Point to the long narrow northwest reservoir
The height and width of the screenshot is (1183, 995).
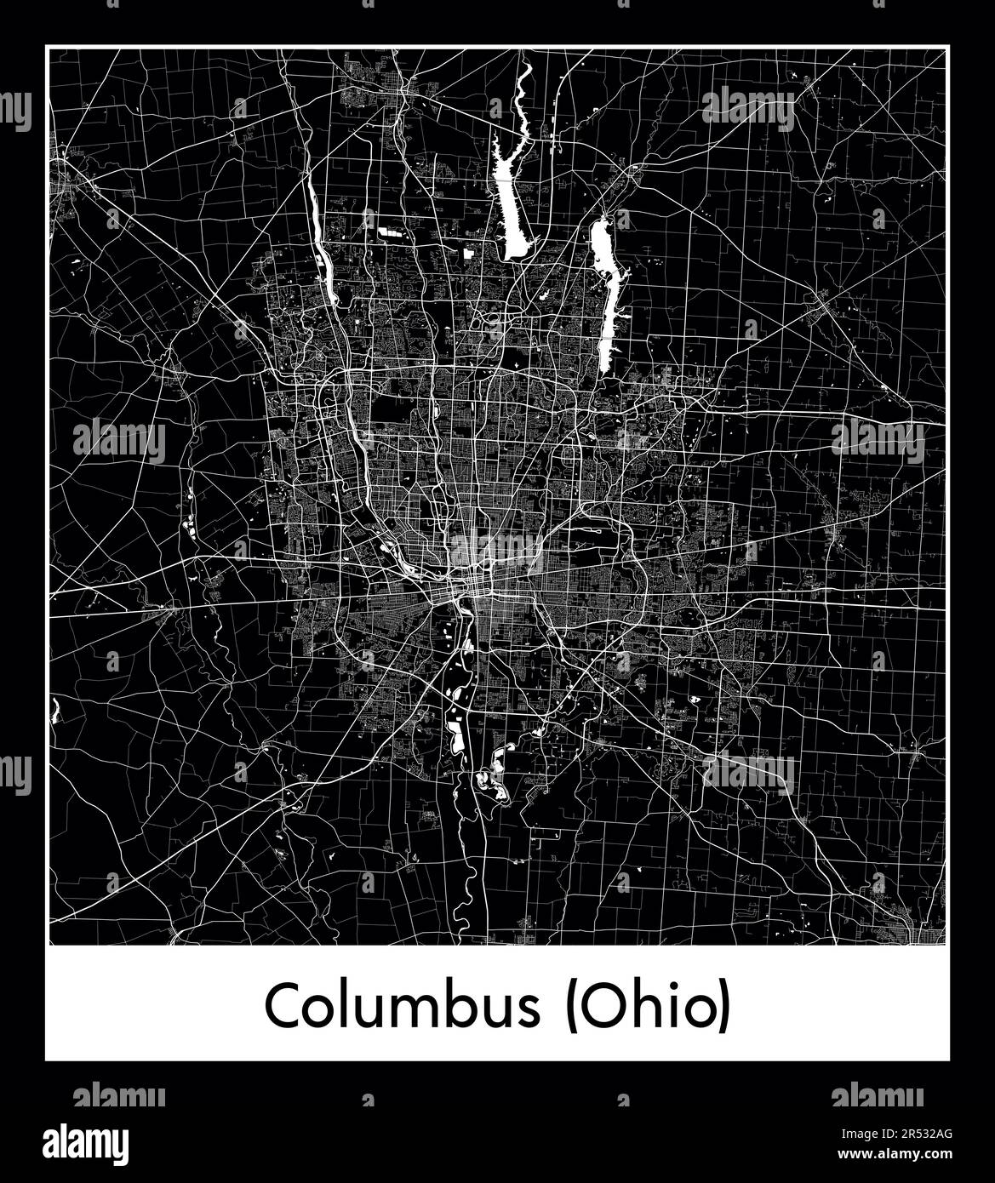coord(323,247)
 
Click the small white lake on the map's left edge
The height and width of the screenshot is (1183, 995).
coord(55,708)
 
